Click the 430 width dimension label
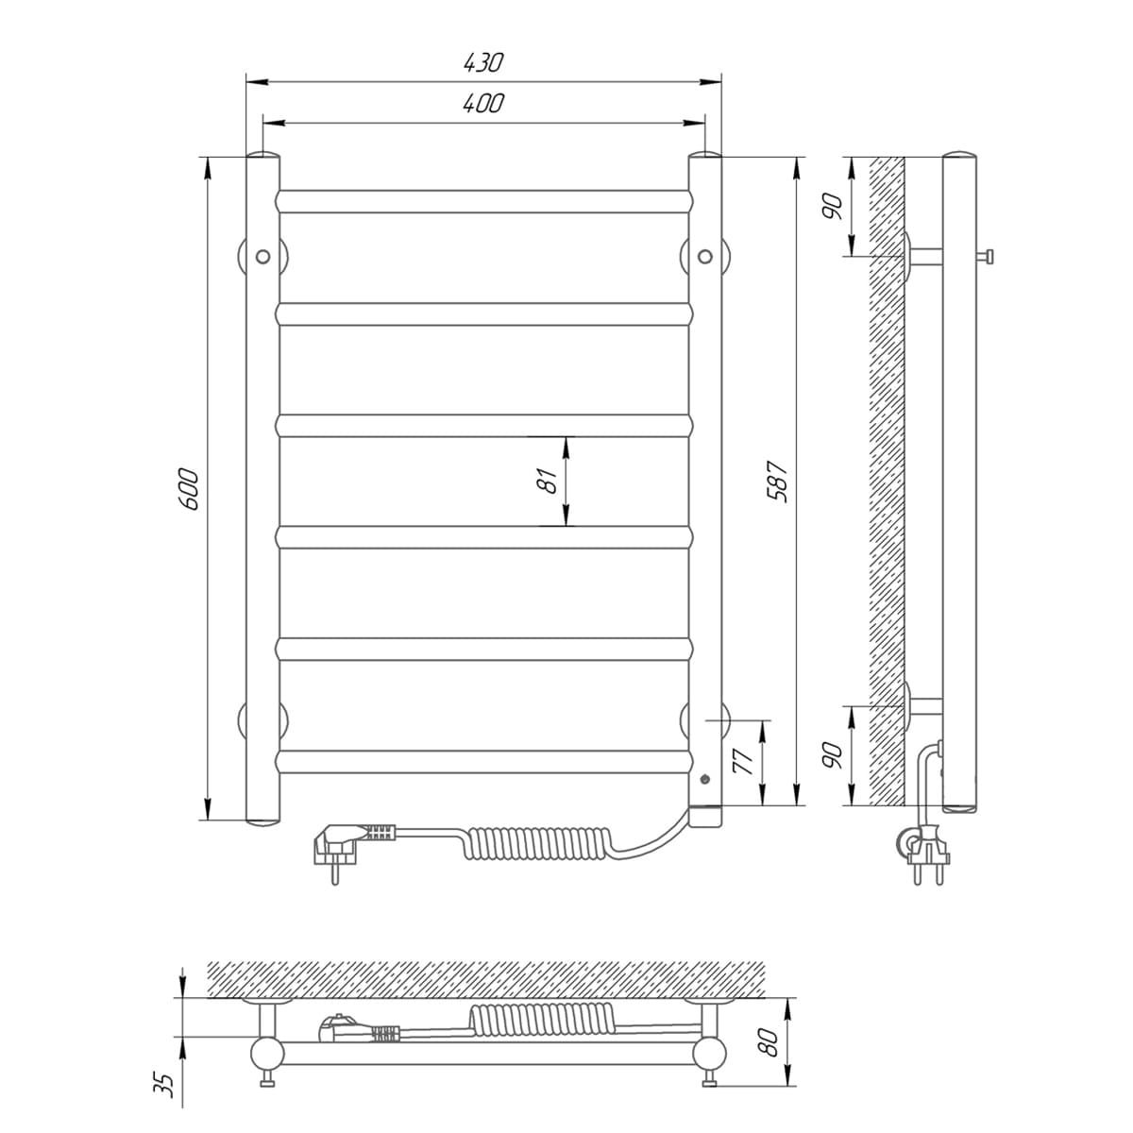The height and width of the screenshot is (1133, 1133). coord(483,63)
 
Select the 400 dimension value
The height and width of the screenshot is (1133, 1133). coord(483,104)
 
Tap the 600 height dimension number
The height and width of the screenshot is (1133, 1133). coord(190,488)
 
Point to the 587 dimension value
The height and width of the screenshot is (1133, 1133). coord(777,481)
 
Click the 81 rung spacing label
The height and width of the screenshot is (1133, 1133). coord(548,481)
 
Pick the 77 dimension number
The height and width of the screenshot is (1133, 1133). coord(744,762)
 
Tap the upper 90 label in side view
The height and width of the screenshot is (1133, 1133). coord(833,206)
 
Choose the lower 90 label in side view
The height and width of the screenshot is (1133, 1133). coord(833,755)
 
